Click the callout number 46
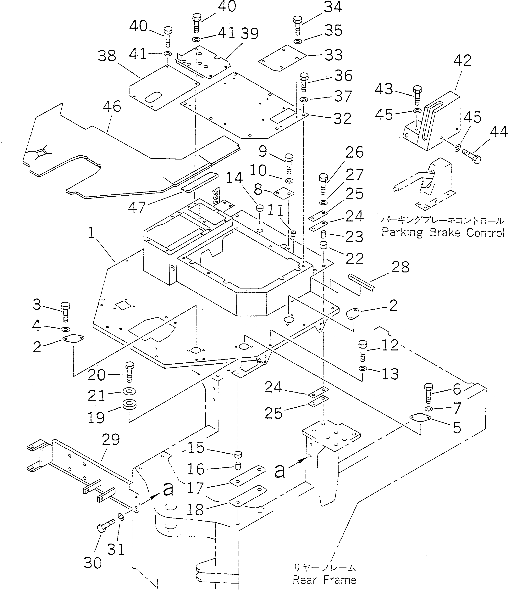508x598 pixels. (112, 107)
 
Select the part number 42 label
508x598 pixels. (462, 60)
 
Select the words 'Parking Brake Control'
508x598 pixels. (443, 232)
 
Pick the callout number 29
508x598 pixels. (111, 439)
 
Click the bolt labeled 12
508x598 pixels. (363, 351)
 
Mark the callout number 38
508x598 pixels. (107, 56)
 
